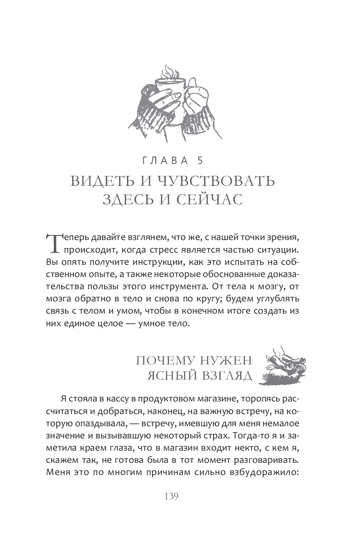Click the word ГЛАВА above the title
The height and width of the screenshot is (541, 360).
pos(166,160)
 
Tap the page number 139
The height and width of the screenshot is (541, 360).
pos(172,496)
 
